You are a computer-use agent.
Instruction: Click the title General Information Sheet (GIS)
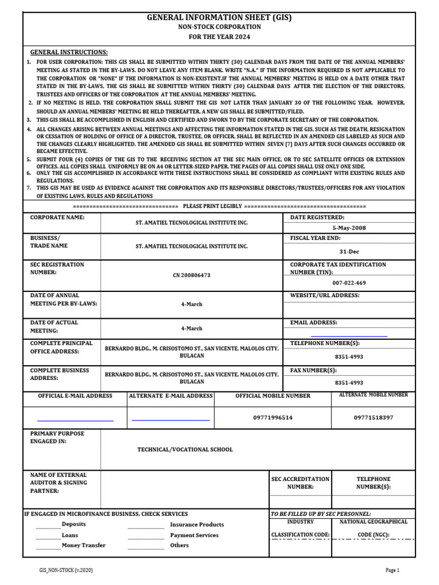click(x=219, y=18)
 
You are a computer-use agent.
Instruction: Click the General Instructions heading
click(x=69, y=52)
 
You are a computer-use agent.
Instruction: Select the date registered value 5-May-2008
click(x=349, y=227)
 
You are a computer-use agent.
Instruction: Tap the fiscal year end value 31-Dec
click(x=349, y=251)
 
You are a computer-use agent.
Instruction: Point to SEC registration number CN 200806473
click(x=191, y=275)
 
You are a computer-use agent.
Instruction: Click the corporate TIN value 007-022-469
click(x=349, y=283)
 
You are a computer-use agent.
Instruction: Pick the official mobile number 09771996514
click(x=273, y=418)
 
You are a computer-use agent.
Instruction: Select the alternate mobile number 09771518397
click(x=374, y=418)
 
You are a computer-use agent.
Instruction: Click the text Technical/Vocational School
click(x=185, y=450)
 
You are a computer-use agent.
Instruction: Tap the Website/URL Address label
click(x=325, y=295)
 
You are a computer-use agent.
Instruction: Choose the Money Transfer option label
click(x=83, y=546)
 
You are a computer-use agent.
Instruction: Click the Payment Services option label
click(x=194, y=535)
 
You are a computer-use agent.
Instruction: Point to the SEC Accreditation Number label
click(x=300, y=483)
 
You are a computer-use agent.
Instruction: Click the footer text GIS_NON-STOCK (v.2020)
click(x=59, y=570)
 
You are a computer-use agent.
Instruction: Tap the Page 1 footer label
click(x=392, y=570)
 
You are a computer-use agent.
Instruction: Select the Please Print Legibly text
click(x=213, y=206)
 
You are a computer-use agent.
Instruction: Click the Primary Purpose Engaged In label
click(x=57, y=438)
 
